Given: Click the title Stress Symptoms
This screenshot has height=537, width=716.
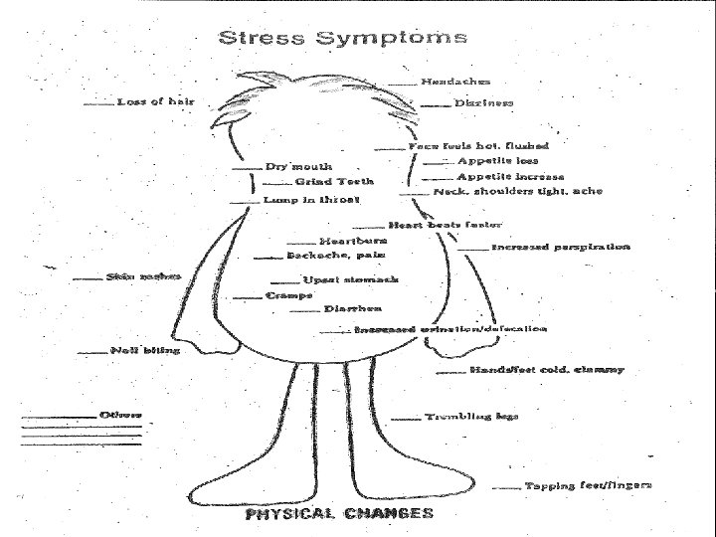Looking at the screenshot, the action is pos(341,39).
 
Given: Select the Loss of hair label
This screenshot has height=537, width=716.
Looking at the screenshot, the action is pos(156,100).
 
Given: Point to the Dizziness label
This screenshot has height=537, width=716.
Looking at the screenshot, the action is pos(483,102).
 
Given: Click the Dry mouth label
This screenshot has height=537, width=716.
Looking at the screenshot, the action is pos(298,166).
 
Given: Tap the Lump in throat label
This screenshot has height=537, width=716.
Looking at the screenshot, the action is pos(303,199).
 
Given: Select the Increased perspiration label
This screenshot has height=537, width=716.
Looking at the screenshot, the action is pos(561,246).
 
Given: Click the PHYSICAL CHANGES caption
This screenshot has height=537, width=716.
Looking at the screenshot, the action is pos(339,513).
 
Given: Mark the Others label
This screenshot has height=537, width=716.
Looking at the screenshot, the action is pos(120,413).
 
